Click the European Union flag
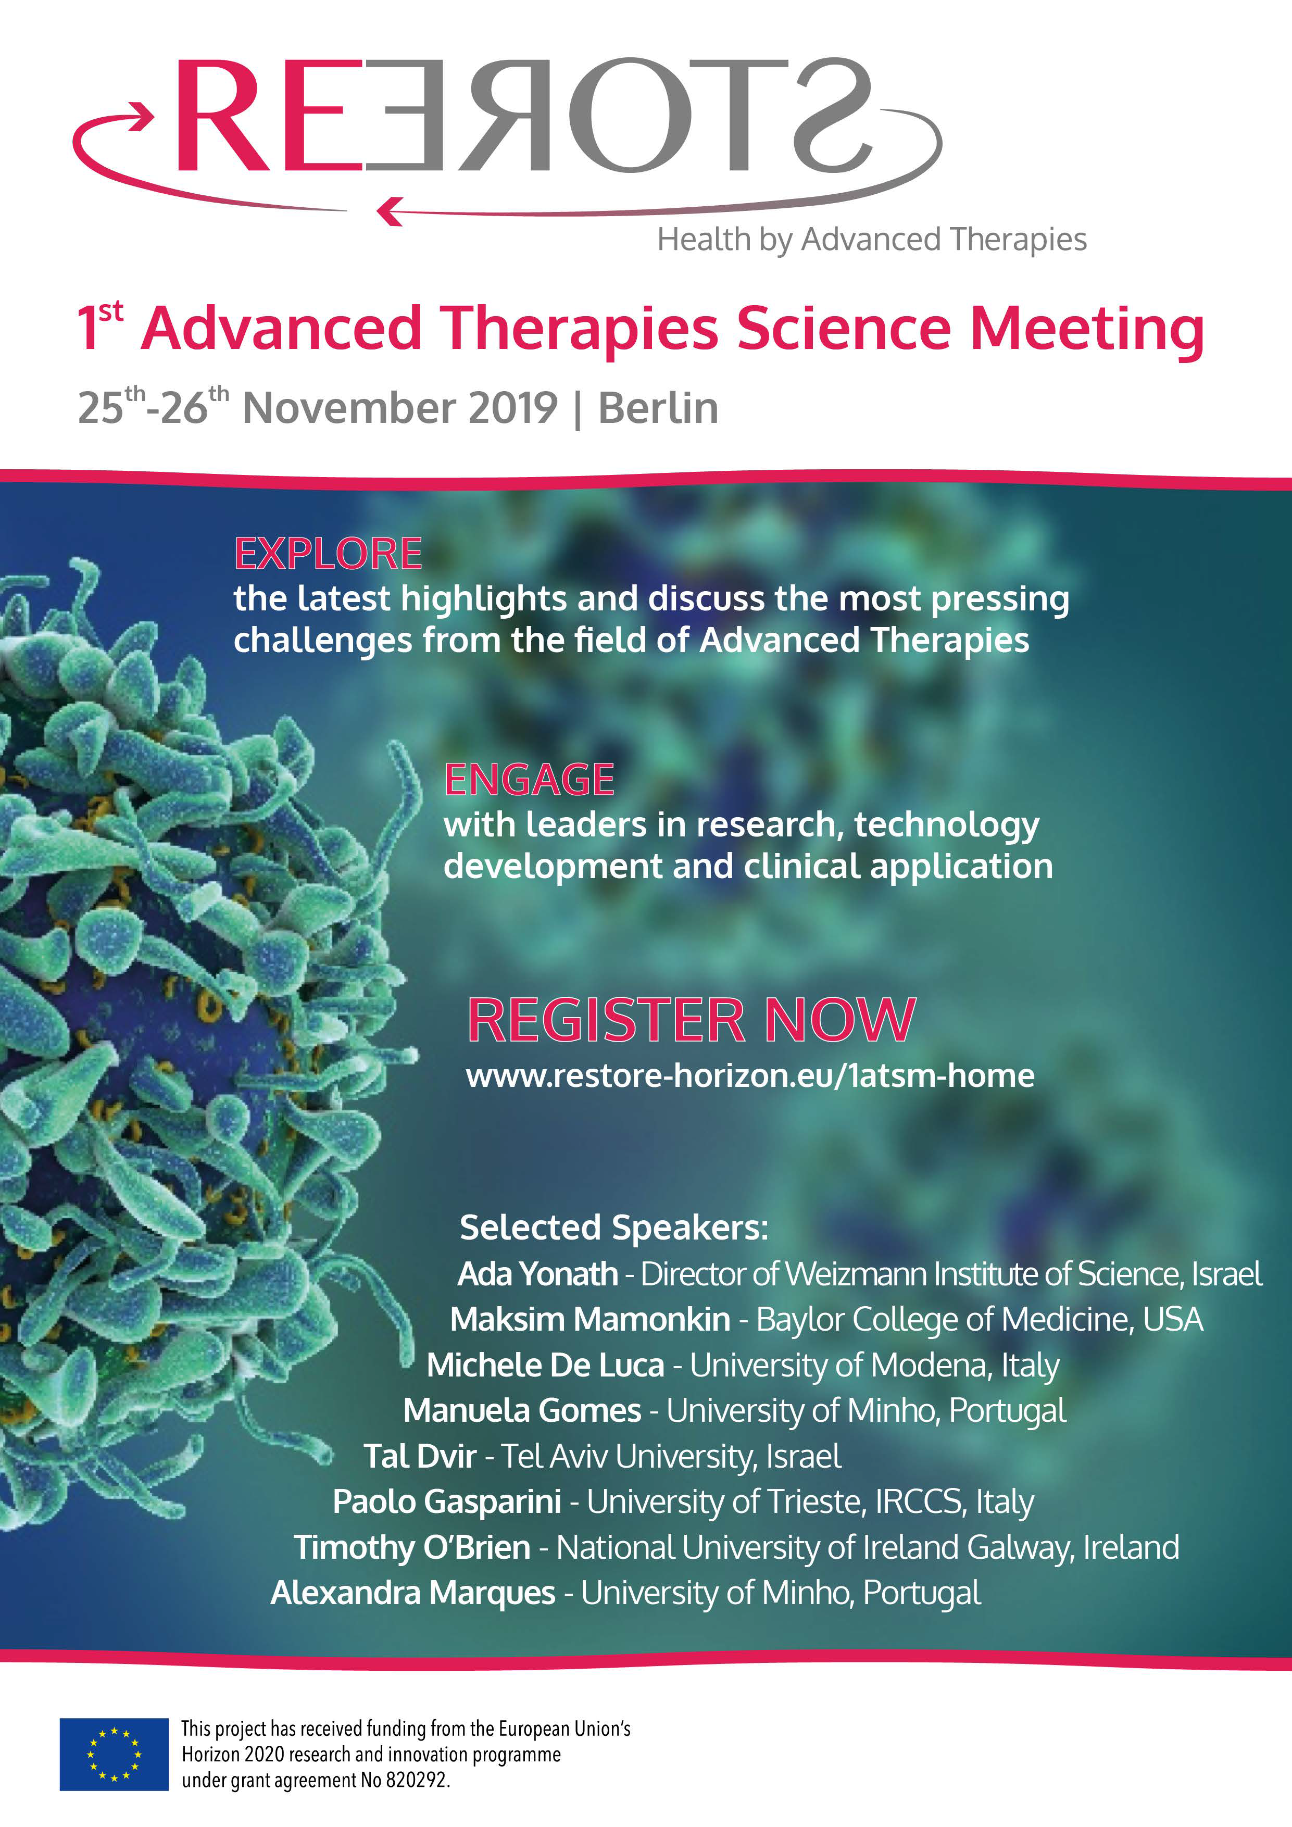click(x=114, y=1754)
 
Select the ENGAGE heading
click(x=529, y=780)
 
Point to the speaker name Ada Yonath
click(x=538, y=1274)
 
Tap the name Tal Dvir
click(x=420, y=1456)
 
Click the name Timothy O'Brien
click(x=412, y=1548)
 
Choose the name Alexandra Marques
click(x=413, y=1593)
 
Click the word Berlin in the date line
click(x=658, y=408)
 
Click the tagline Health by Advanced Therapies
click(x=872, y=240)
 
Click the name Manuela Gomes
click(x=522, y=1411)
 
